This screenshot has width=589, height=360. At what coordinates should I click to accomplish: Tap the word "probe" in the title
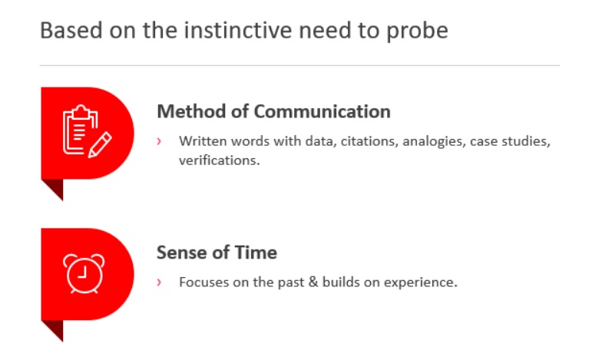(x=417, y=31)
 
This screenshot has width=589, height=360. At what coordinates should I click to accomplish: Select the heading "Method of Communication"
(x=273, y=111)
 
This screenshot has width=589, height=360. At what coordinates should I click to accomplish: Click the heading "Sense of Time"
(x=217, y=253)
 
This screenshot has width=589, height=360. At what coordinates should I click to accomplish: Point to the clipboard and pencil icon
(x=87, y=131)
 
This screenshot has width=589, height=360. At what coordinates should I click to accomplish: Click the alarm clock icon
(x=84, y=273)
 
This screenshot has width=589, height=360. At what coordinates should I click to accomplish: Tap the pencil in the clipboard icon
(x=100, y=144)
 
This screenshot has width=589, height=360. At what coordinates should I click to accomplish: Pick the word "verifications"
(x=219, y=160)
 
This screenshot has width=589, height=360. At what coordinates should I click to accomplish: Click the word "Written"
(x=203, y=141)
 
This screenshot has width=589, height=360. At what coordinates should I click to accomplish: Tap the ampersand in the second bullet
(x=313, y=282)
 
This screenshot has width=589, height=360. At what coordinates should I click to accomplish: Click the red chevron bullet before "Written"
(x=159, y=141)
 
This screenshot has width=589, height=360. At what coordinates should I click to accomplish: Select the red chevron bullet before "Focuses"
(x=159, y=282)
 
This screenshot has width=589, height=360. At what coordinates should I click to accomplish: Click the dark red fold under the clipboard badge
(x=55, y=187)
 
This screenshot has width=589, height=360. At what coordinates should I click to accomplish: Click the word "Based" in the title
(x=71, y=30)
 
